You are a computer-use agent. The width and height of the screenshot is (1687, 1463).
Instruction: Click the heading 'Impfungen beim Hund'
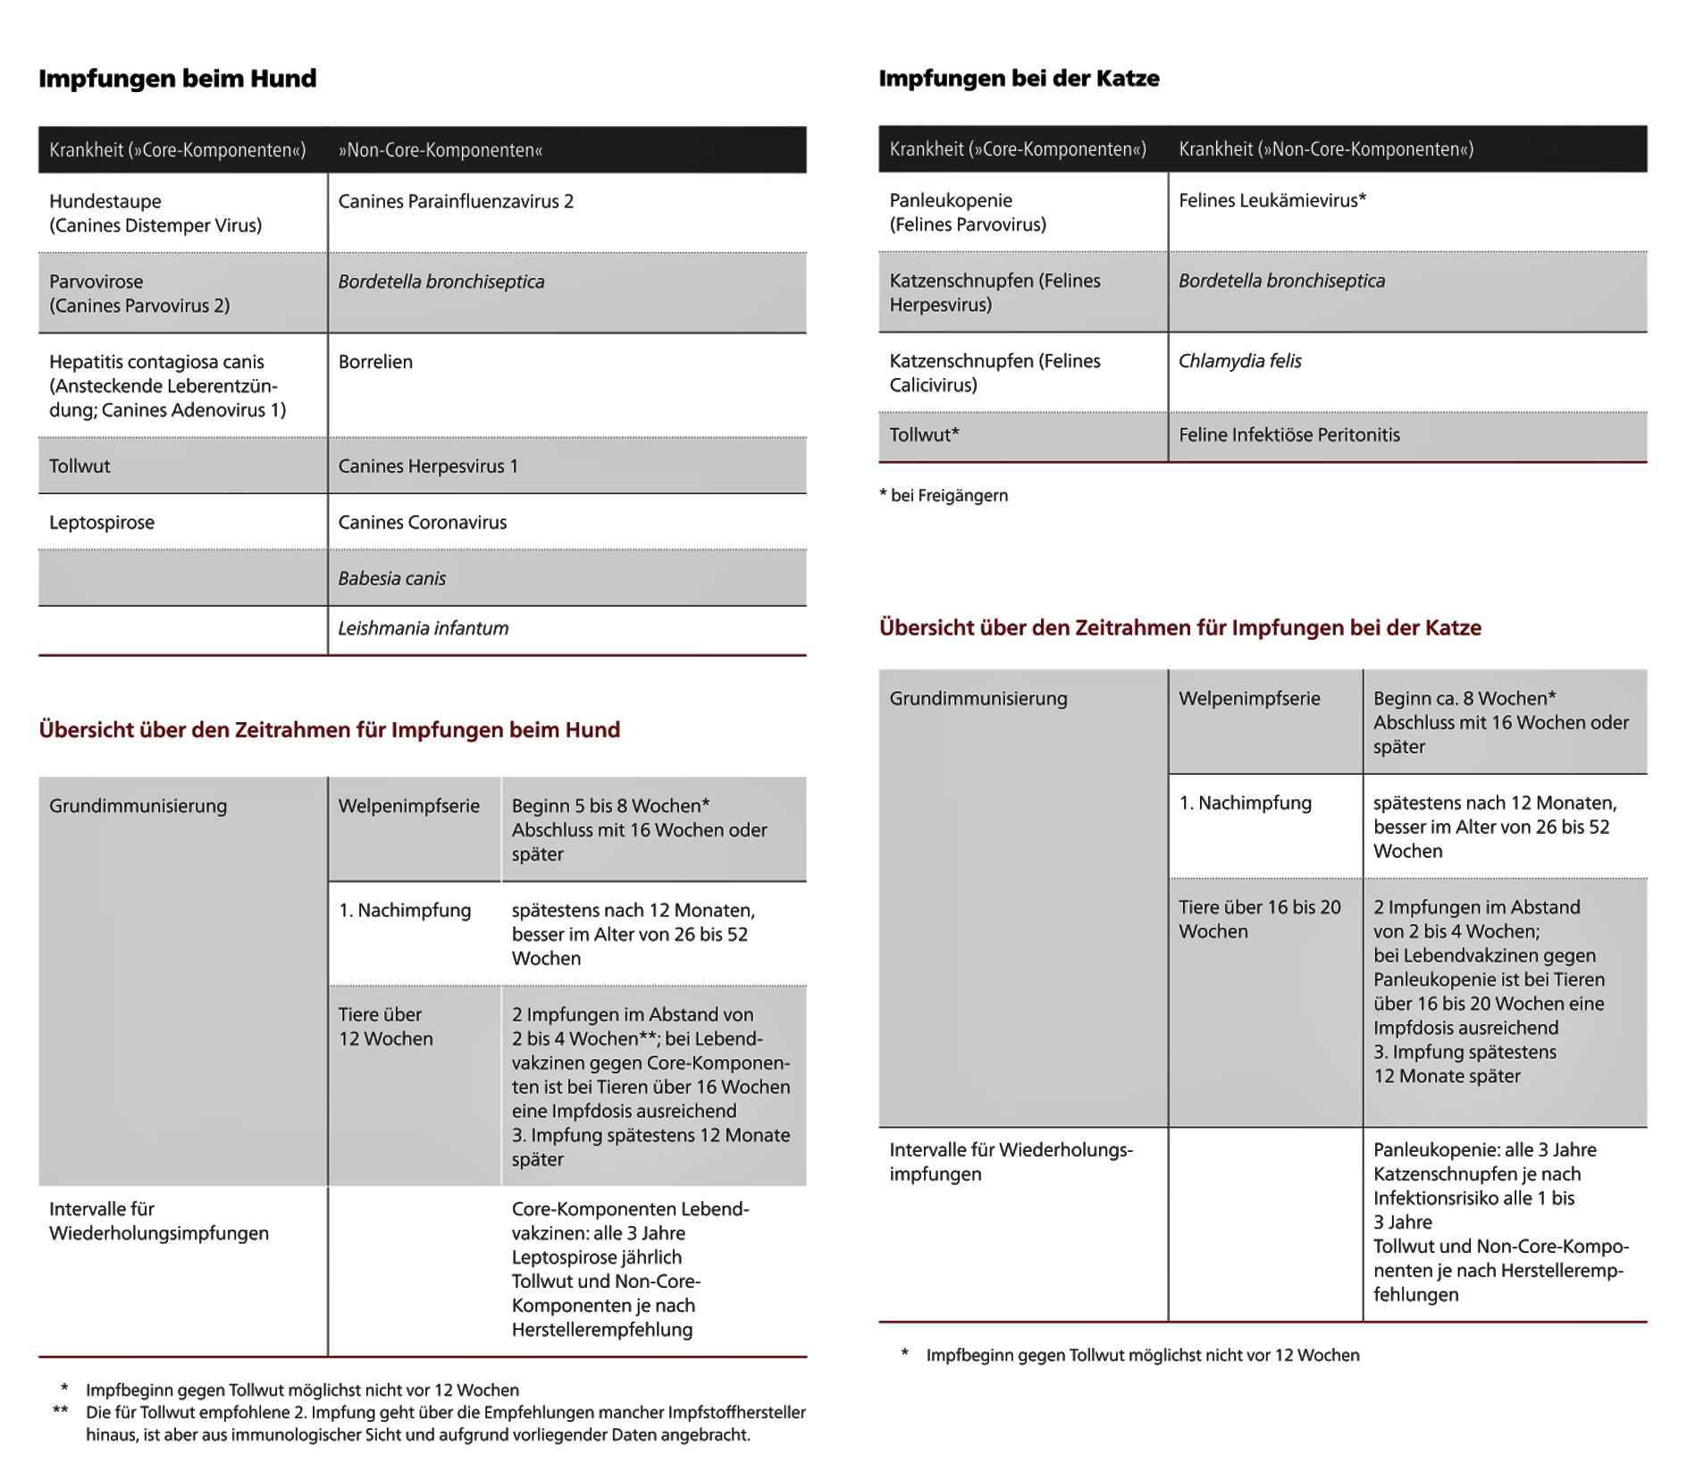177,79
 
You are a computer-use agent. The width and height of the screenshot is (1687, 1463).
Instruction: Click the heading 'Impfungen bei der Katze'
1019,79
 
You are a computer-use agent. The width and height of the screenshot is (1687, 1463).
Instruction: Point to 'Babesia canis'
391,578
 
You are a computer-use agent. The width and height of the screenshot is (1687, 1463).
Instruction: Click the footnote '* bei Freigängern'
944,495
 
